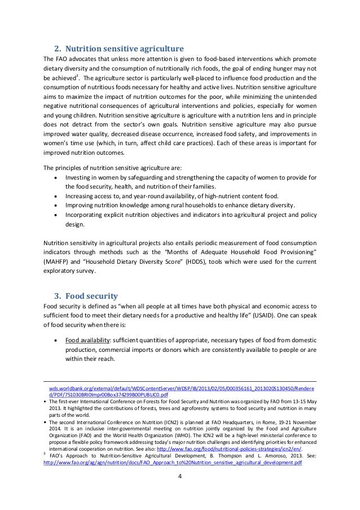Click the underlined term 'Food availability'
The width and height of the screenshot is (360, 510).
(87, 341)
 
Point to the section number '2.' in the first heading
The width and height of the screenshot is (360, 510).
(57, 46)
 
